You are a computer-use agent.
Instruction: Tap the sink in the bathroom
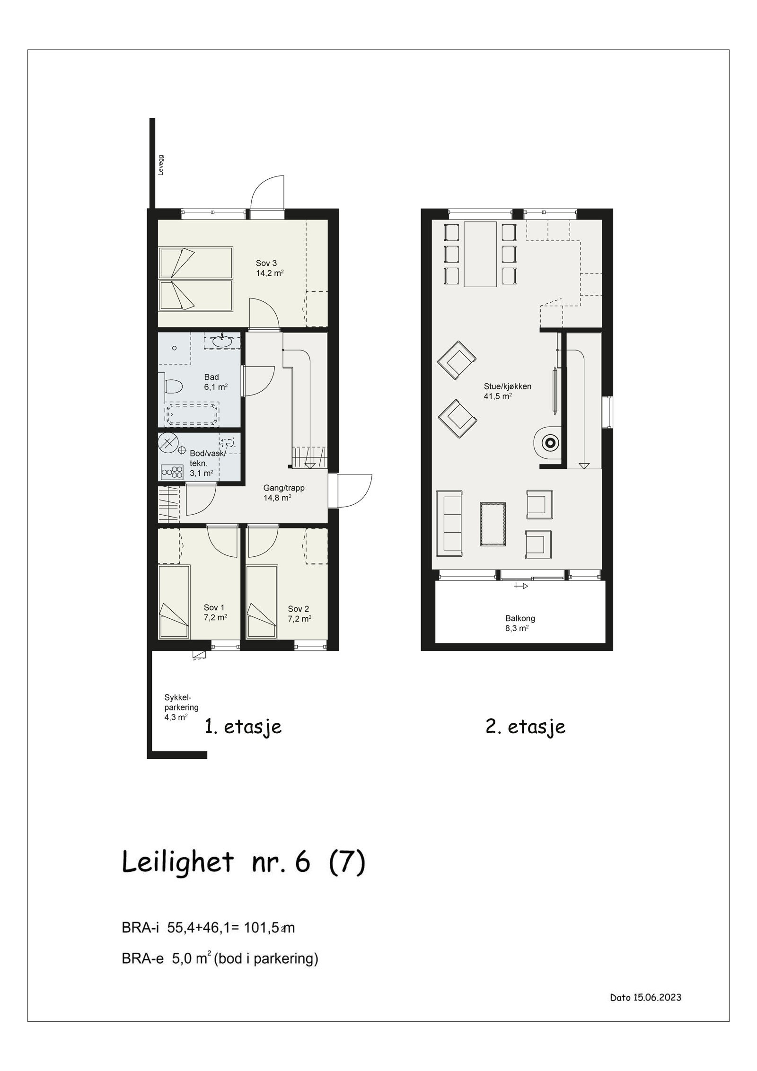point(221,340)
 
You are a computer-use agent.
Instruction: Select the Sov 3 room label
point(266,263)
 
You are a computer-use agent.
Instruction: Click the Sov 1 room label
point(214,608)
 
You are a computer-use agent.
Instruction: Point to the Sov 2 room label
point(299,609)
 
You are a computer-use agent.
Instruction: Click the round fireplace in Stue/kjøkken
point(549,443)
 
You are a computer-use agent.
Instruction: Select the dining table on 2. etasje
point(480,254)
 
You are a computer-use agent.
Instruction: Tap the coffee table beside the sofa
point(493,524)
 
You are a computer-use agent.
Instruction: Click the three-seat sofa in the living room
point(449,523)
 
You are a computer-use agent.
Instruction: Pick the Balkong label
point(520,618)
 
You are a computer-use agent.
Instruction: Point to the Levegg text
point(161,165)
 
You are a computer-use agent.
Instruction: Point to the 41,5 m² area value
point(497,396)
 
